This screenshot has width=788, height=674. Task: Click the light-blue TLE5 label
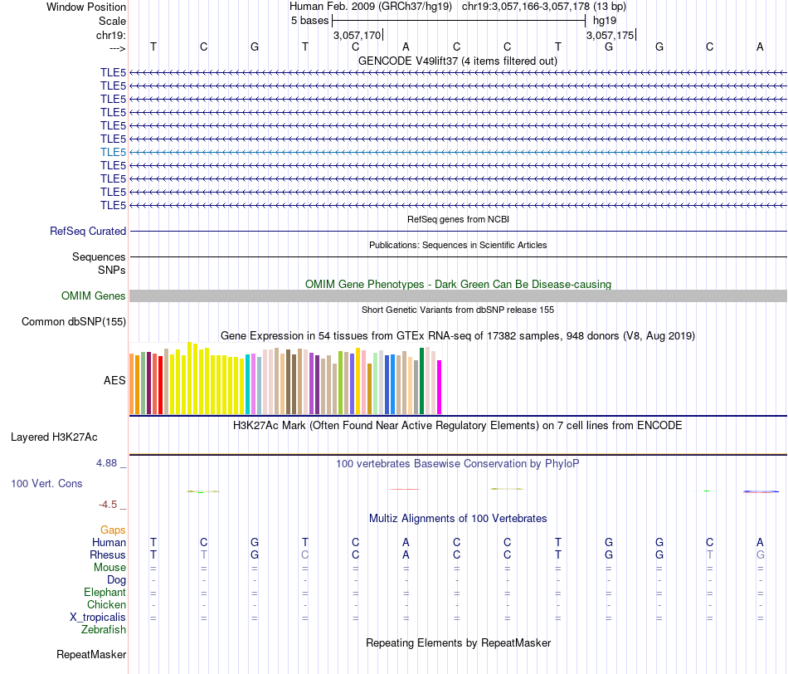click(x=113, y=152)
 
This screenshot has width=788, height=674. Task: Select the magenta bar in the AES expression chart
click(x=440, y=387)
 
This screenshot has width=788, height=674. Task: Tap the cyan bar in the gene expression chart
click(x=248, y=384)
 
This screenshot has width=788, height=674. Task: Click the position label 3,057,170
click(x=357, y=36)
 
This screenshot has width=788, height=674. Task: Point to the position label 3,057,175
click(x=610, y=36)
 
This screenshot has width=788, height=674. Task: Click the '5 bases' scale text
click(x=309, y=20)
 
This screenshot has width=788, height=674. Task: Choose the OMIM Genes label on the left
click(x=94, y=296)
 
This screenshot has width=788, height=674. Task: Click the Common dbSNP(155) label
click(x=74, y=322)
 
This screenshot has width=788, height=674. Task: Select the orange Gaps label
click(x=113, y=530)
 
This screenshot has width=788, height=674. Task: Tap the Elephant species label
click(x=105, y=593)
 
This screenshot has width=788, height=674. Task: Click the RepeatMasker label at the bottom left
click(x=91, y=655)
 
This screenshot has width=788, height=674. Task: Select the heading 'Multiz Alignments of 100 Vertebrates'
click(x=458, y=519)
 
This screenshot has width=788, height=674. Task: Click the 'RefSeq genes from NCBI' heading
click(x=458, y=220)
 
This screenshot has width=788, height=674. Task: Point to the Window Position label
click(x=86, y=7)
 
